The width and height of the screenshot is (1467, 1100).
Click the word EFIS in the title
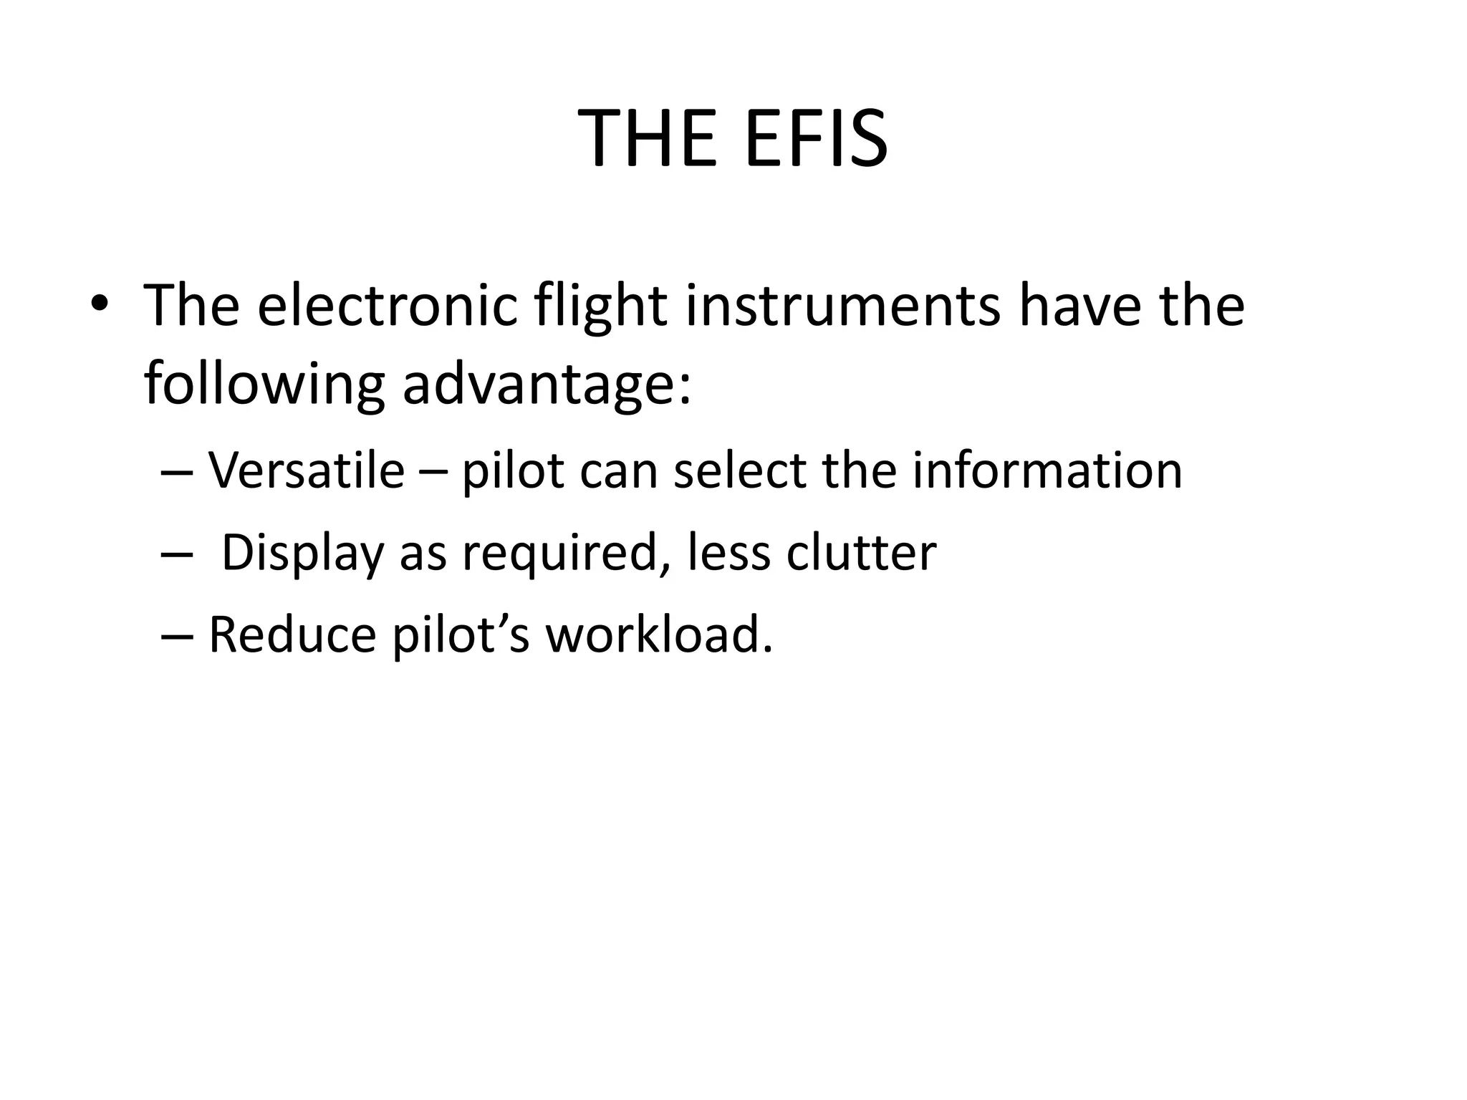tap(816, 138)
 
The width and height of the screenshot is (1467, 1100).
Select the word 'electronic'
tap(387, 306)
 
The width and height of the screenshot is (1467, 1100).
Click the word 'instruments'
tap(842, 306)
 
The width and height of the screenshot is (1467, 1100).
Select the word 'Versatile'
tap(307, 471)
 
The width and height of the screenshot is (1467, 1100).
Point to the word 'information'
tap(1047, 471)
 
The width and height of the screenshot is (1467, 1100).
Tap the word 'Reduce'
tap(292, 635)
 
